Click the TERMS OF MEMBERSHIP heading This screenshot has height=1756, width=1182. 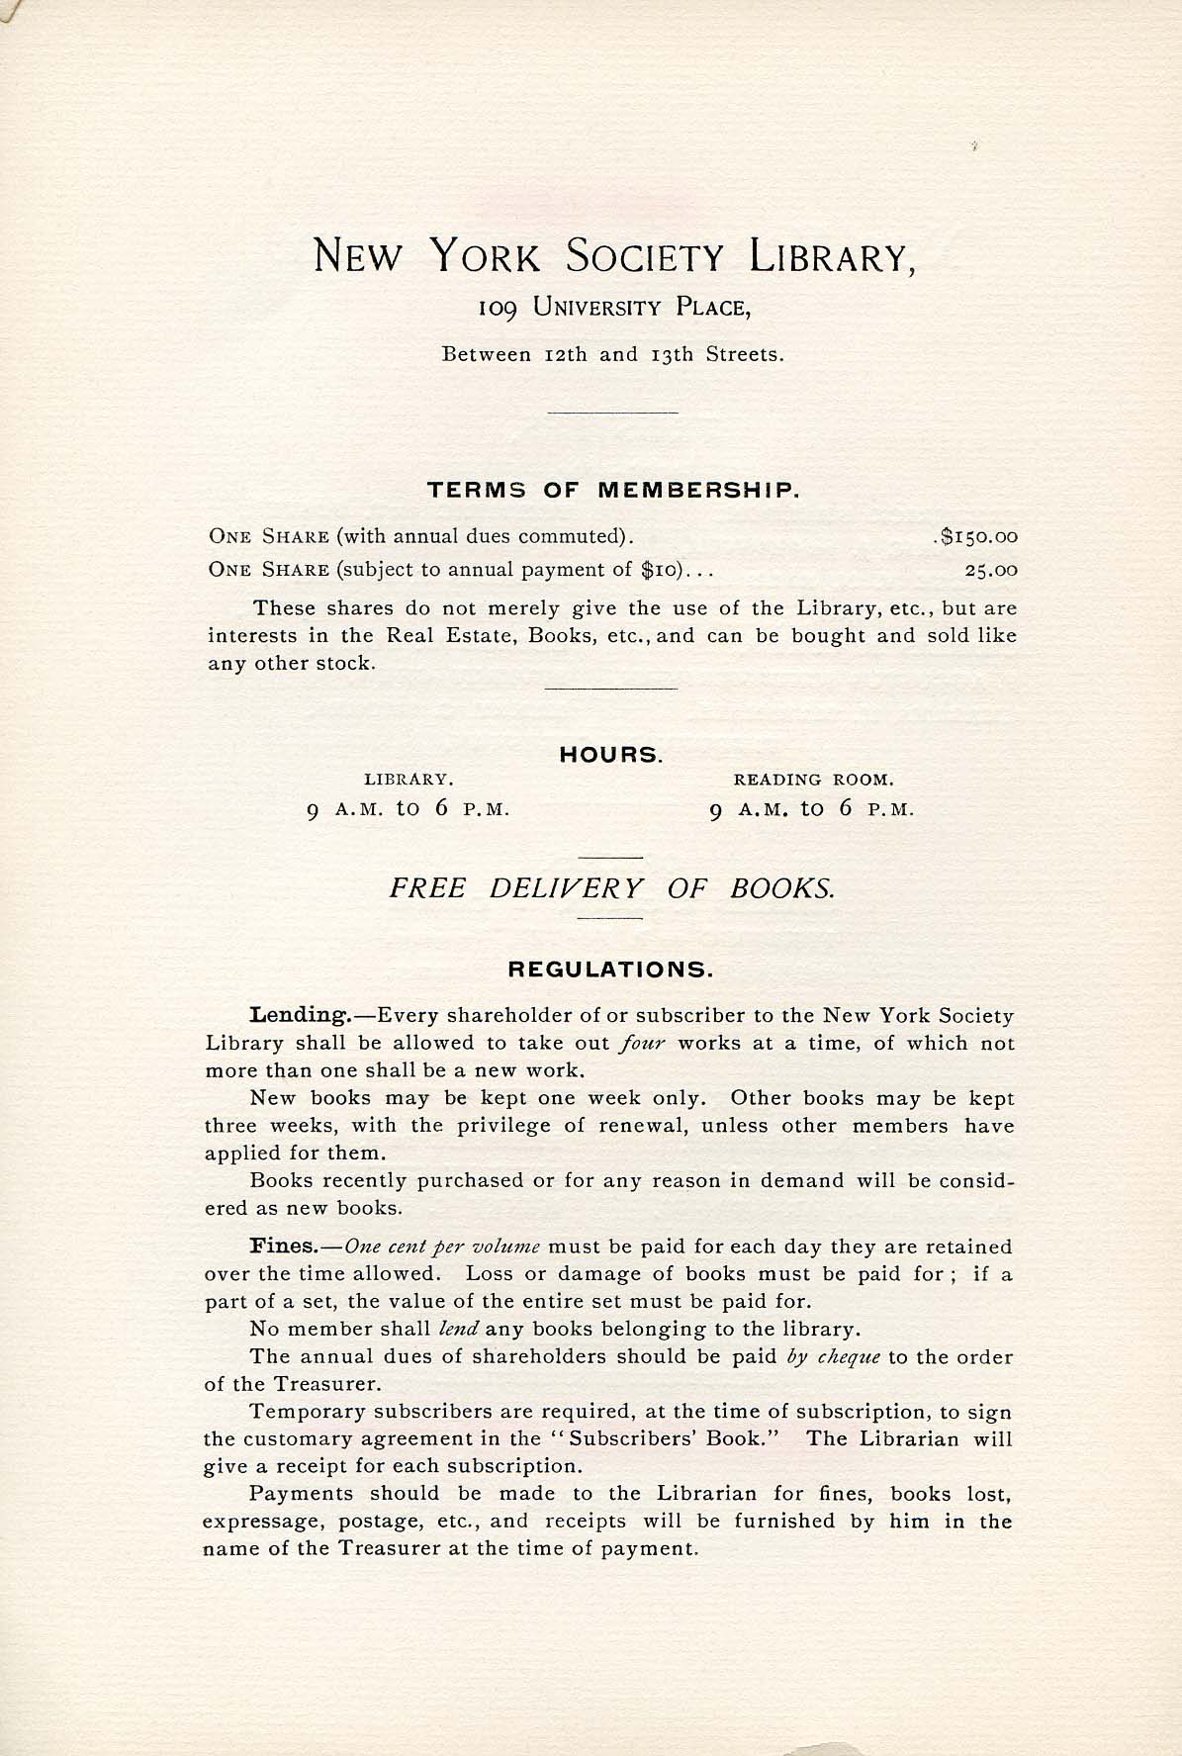pos(612,490)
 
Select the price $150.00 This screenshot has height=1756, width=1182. pos(978,537)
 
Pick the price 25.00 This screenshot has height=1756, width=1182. pos(991,571)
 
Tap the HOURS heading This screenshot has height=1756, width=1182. pos(610,756)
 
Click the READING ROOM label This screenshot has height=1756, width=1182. pos(813,780)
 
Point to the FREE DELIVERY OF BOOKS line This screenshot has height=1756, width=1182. pos(611,887)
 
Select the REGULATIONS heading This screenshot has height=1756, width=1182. pos(610,970)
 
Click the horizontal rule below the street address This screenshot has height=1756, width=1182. pos(611,412)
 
